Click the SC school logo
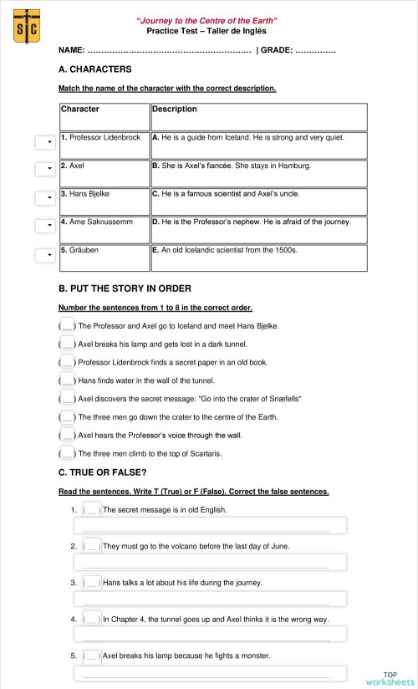point(27,26)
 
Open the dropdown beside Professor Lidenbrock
point(44,143)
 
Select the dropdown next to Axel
point(44,170)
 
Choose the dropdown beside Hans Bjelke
point(44,198)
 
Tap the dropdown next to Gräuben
point(44,255)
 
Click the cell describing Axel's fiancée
point(258,172)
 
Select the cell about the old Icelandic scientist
point(258,257)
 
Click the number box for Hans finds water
point(68,380)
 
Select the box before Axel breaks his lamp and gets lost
point(68,343)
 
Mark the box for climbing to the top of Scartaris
point(68,453)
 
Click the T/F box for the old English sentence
point(93,509)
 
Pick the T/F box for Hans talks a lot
point(93,582)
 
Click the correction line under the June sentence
point(210,562)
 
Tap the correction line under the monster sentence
point(210,671)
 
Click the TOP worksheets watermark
point(390,678)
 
